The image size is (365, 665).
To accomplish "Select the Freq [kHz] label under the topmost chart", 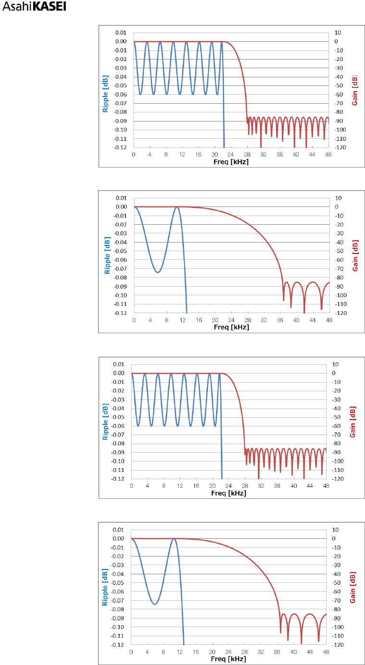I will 231,162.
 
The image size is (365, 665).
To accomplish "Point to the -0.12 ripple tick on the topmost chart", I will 121,147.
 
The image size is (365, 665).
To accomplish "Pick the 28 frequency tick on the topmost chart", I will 247,154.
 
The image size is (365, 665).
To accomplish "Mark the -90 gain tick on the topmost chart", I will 338,121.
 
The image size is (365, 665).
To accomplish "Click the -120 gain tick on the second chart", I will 339,313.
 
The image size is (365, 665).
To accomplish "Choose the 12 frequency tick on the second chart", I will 182,320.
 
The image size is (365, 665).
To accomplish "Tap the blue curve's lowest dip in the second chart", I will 158,272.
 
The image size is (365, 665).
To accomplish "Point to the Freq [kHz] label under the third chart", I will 229,493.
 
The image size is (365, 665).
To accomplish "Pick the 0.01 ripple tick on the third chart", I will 119,364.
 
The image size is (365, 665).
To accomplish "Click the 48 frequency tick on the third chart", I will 326,486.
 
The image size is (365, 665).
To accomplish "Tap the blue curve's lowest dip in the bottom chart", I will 155,604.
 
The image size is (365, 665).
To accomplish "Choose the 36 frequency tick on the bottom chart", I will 277,652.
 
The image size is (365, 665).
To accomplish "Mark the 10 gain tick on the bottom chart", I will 336,530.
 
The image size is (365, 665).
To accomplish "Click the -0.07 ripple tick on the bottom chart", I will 118,600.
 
